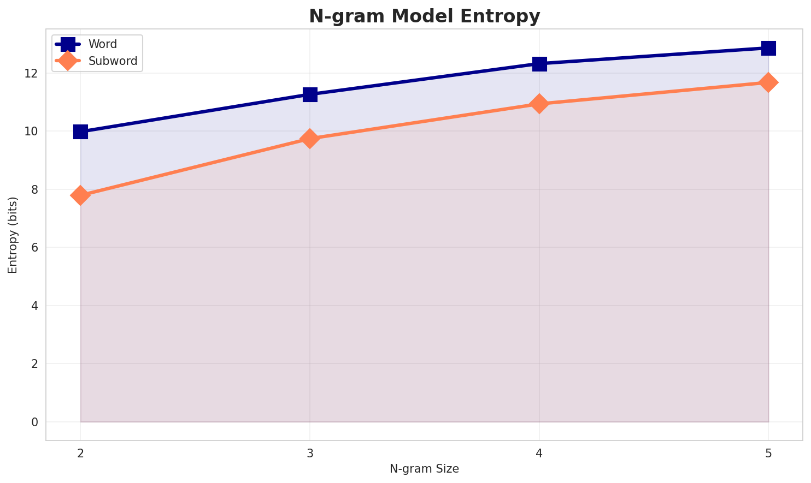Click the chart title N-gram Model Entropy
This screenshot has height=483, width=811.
[x=424, y=16]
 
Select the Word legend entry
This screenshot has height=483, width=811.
[x=103, y=44]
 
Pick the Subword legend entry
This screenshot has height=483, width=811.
[x=113, y=61]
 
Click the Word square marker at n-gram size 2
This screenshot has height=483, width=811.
[x=80, y=132]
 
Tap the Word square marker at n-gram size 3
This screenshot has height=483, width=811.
[x=310, y=94]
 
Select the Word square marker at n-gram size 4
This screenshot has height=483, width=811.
[x=539, y=64]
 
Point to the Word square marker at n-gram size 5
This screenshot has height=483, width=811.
[x=768, y=48]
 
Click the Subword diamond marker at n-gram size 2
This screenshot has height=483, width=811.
[x=80, y=195]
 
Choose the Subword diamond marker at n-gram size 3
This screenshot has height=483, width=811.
[x=310, y=139]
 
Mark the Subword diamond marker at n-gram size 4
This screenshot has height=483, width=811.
[x=539, y=104]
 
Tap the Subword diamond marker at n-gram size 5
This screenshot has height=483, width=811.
[x=768, y=82]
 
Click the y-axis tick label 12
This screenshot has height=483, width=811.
[x=33, y=73]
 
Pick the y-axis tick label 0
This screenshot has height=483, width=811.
[x=36, y=422]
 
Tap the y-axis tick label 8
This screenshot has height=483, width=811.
[x=36, y=189]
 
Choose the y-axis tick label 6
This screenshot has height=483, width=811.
[x=36, y=248]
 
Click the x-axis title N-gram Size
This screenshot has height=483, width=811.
[x=424, y=469]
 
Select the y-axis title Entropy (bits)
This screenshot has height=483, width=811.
[x=13, y=235]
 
